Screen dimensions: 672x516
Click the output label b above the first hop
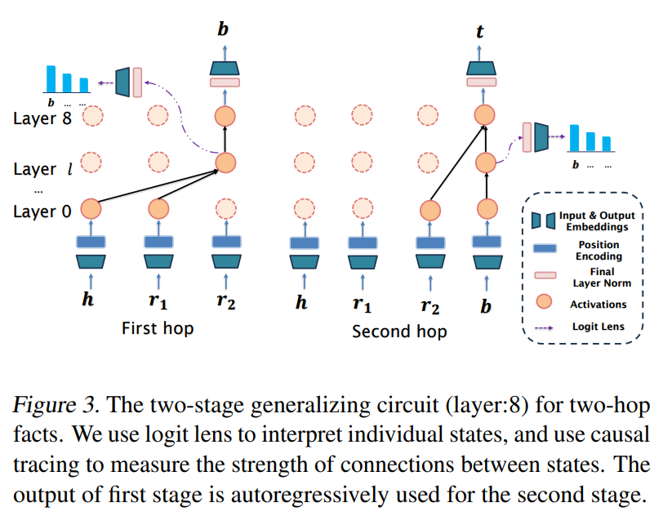(x=223, y=29)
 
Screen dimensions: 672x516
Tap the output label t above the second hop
(x=479, y=31)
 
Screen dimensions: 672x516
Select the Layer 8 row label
(x=42, y=118)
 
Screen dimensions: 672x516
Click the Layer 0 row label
(x=42, y=211)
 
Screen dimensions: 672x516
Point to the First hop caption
(x=158, y=329)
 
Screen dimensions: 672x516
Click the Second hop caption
(x=399, y=331)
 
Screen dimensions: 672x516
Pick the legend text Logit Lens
(x=599, y=327)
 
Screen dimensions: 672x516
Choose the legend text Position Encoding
(x=599, y=251)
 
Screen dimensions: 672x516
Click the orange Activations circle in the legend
(x=545, y=301)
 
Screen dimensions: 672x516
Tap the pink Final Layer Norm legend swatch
(x=545, y=274)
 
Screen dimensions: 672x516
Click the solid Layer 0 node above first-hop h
(x=91, y=209)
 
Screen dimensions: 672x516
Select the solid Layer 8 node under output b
(x=225, y=116)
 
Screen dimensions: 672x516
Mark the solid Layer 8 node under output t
(x=485, y=115)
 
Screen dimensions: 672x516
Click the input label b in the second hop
(x=486, y=306)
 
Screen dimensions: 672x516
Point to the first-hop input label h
(x=88, y=299)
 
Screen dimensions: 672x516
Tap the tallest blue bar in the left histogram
(x=51, y=79)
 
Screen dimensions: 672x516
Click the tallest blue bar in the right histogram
(x=574, y=138)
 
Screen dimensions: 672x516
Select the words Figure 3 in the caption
(x=56, y=405)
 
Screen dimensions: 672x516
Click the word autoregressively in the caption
(x=309, y=496)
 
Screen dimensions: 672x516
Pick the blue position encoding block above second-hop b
(x=487, y=242)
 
